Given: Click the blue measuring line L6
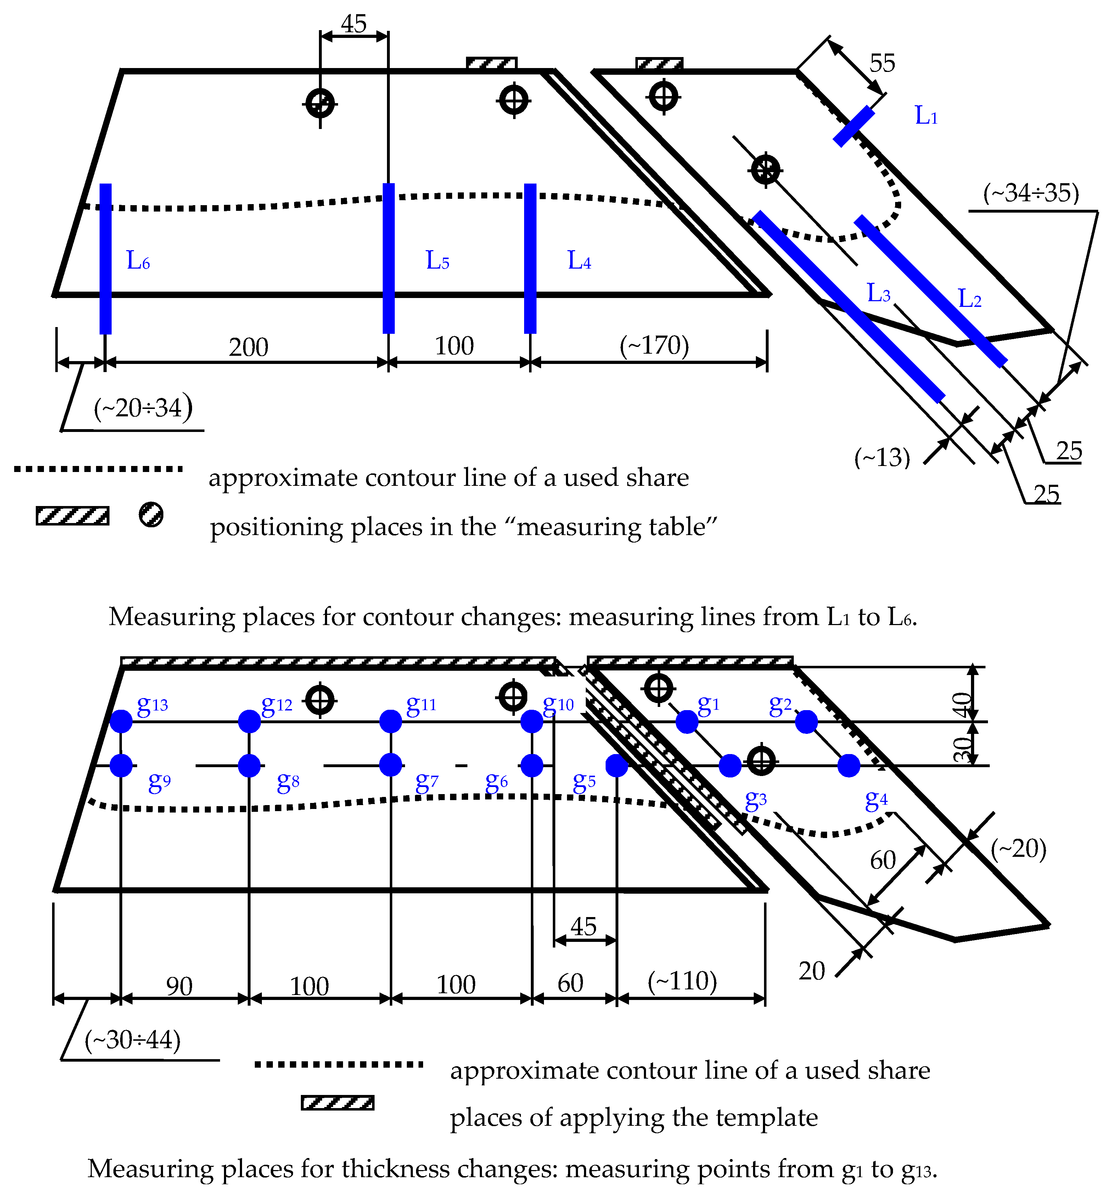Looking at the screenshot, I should click(105, 259).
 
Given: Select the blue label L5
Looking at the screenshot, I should click(437, 260).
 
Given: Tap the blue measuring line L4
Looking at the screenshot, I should click(530, 259).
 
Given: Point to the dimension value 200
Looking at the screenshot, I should click(248, 347).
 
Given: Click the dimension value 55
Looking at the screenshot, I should click(882, 63).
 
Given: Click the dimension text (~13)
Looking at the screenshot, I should click(882, 457).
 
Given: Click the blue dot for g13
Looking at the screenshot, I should click(121, 721).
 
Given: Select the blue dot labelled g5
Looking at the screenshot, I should click(617, 765).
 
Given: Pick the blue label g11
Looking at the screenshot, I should click(421, 704).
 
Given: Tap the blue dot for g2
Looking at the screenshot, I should click(806, 721).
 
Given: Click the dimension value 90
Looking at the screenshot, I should click(179, 987).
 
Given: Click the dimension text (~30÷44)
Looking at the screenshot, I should click(133, 1040).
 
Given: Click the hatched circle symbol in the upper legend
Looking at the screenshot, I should click(151, 515).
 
